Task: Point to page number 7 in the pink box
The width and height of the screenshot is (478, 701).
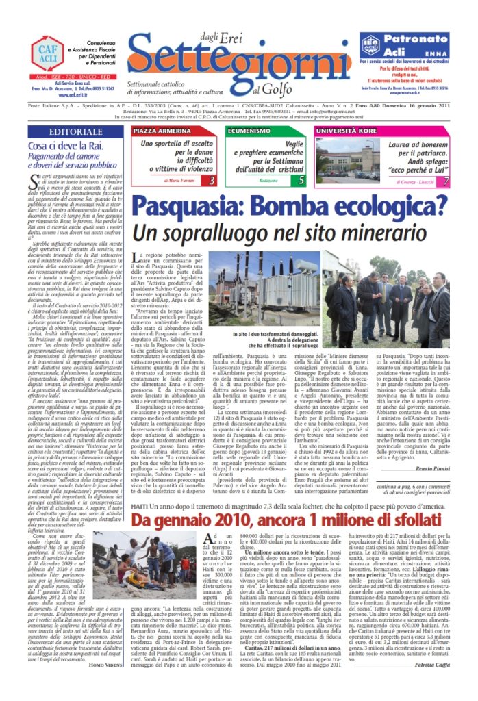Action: pyautogui.click(x=446, y=181)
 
